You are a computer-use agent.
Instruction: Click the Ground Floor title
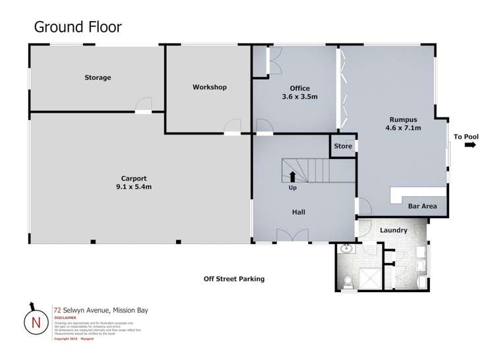click(x=77, y=27)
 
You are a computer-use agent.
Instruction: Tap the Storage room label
click(x=98, y=78)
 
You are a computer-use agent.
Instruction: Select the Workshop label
click(x=209, y=87)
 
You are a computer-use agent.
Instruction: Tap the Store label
click(x=342, y=146)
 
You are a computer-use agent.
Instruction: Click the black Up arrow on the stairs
click(x=292, y=176)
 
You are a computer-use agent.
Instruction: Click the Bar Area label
click(x=422, y=206)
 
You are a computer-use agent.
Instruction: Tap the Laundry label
click(x=393, y=231)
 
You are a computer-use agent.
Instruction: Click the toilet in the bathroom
click(x=348, y=282)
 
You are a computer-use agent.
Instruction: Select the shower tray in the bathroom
click(x=370, y=278)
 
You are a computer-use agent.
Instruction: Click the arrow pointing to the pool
click(x=470, y=146)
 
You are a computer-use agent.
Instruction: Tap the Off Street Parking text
click(x=233, y=279)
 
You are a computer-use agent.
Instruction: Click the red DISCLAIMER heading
click(x=67, y=316)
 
